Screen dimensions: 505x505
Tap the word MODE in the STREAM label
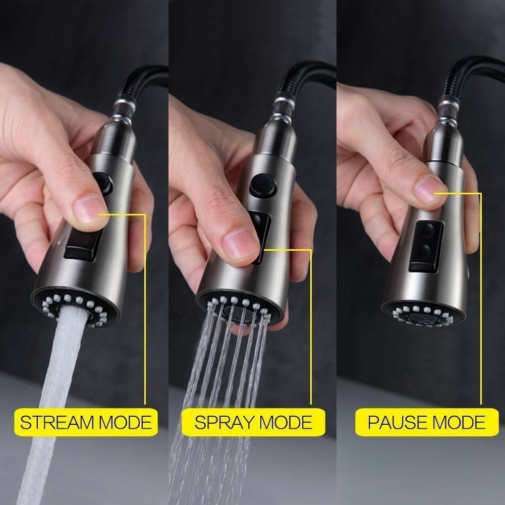click(x=125, y=422)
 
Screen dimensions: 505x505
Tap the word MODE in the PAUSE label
click(x=456, y=422)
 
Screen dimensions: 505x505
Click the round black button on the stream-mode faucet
click(x=103, y=183)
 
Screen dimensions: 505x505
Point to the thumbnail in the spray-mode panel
click(x=241, y=243)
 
